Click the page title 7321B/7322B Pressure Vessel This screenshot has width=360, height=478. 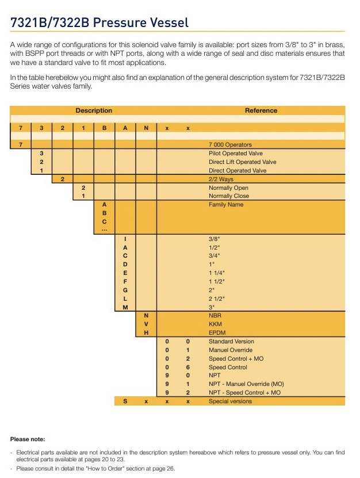(99, 23)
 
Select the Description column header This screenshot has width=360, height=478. (94, 110)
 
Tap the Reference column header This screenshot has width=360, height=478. (261, 110)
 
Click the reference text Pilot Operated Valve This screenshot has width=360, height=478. (235, 154)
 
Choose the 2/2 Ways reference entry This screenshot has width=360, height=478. (221, 179)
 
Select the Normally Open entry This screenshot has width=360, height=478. (228, 188)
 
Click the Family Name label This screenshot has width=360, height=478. (226, 204)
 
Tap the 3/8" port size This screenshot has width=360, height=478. (215, 239)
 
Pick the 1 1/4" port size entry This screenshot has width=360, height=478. (217, 273)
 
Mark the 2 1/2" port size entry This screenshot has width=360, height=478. (217, 299)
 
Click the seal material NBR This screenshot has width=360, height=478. (216, 316)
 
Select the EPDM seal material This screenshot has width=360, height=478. (217, 333)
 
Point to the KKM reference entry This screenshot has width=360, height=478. (216, 324)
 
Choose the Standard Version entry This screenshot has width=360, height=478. (231, 342)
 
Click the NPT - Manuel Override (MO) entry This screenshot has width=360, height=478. (246, 384)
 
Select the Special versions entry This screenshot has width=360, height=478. (230, 401)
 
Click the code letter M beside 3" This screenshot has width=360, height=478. (125, 307)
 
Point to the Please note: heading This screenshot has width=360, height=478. (28, 439)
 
